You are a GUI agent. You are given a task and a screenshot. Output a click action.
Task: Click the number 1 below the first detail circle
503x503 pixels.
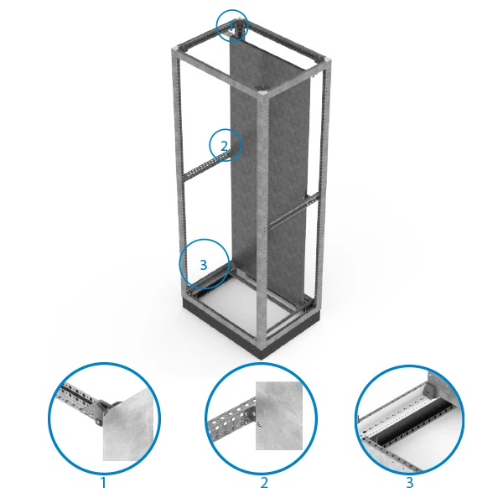pos(103,483)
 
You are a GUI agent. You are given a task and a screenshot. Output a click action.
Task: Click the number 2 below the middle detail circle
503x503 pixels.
pos(264,483)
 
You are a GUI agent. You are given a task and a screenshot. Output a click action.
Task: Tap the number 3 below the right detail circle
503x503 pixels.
pos(410,483)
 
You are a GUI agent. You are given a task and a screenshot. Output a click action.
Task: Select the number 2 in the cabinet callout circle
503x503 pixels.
pos(224,146)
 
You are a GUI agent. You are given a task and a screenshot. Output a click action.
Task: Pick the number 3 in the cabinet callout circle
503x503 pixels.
pos(204,265)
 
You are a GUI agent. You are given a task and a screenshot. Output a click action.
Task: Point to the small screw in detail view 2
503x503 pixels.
pos(259,425)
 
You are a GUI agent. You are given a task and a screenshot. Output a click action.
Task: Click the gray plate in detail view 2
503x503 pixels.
pos(279,416)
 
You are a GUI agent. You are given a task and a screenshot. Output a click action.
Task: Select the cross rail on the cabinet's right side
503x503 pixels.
pos(293,210)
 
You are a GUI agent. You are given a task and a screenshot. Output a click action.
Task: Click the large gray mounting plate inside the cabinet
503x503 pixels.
pos(269,167)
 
